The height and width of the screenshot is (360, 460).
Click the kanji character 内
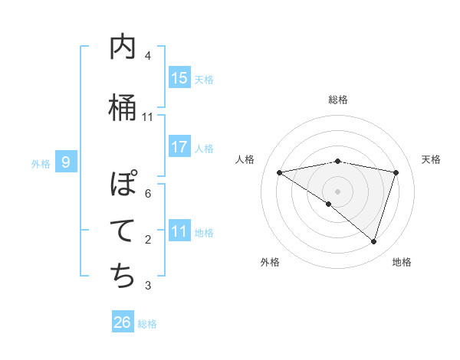[123, 48]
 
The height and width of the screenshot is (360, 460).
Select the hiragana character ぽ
[123, 185]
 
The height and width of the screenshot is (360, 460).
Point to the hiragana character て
[123, 231]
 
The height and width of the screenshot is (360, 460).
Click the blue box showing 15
[179, 77]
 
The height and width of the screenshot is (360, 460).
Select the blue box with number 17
[179, 146]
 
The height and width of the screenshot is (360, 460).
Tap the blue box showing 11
[179, 231]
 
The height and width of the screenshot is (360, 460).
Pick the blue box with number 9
[66, 162]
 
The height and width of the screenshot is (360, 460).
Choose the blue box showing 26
[123, 322]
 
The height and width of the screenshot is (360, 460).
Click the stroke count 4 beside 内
[148, 56]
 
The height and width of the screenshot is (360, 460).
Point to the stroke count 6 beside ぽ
[148, 194]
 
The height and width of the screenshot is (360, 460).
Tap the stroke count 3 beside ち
[148, 286]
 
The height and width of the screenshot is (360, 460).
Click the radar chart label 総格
[337, 100]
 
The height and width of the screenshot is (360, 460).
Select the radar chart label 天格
[432, 159]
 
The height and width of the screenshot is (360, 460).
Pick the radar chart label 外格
[270, 262]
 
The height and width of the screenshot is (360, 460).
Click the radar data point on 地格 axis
[373, 241]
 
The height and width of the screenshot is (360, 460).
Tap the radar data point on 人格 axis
[280, 172]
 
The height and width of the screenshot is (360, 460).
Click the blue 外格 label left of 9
[40, 163]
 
